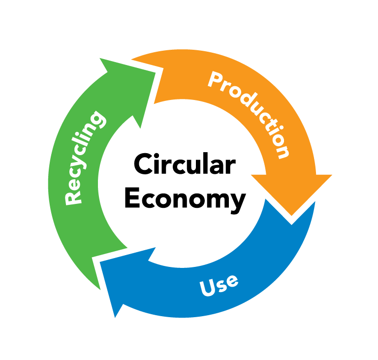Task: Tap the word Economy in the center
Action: pos(185,198)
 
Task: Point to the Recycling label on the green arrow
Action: pos(84,158)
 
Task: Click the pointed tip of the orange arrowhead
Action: pos(292,216)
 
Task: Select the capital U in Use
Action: pos(207,290)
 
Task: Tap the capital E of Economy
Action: pos(132,198)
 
